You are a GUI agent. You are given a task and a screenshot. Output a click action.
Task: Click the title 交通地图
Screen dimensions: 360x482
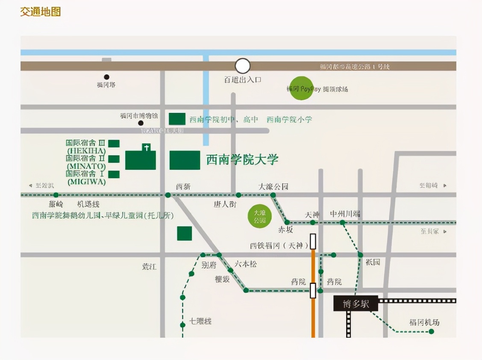coord(41,12)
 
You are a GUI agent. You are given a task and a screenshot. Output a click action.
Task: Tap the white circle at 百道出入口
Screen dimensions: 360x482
coord(243,66)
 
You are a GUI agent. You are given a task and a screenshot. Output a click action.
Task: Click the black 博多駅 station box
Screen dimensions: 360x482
coord(356,304)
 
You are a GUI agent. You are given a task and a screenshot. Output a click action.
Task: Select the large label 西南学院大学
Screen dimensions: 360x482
coord(242,160)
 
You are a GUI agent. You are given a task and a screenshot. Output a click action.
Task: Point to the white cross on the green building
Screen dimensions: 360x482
coord(147,148)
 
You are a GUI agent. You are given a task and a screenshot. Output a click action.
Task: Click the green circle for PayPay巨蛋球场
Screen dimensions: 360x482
coord(301,89)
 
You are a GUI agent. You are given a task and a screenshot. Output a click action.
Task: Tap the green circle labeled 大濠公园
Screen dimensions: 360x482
coord(260,216)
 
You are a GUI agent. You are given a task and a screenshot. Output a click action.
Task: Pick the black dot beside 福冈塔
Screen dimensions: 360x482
coord(107,77)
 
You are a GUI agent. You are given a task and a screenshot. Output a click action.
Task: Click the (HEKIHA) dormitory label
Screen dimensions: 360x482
coord(85,151)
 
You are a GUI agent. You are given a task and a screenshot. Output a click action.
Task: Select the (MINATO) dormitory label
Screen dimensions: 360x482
coord(86,166)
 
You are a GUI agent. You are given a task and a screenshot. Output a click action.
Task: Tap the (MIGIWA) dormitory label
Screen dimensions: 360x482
coord(86,182)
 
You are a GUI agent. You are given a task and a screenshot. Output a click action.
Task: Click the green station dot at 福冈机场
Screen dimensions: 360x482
coord(431,331)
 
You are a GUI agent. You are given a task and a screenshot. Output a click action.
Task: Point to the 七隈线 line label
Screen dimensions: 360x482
coord(200,321)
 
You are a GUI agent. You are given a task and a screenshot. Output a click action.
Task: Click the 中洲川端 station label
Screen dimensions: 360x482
coord(345,214)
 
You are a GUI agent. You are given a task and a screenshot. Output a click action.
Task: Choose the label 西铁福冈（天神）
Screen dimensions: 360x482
coord(279,245)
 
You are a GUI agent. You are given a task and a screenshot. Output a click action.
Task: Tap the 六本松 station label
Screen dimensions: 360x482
coord(245,264)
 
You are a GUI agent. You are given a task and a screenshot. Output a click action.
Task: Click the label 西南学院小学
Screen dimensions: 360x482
coord(289,119)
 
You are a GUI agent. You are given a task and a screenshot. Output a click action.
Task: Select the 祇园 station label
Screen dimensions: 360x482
coord(373,262)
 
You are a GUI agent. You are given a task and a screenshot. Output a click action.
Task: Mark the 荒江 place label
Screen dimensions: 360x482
coord(150,266)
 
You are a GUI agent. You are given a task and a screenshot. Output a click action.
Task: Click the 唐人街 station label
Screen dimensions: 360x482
coord(225,204)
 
